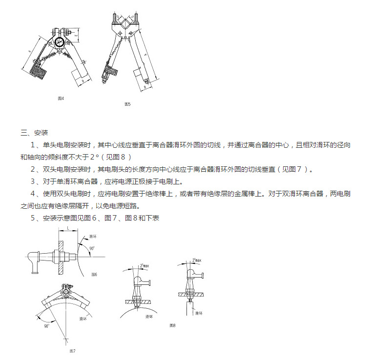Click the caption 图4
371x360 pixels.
[61, 99]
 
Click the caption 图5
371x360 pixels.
[127, 104]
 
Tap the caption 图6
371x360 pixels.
[94, 275]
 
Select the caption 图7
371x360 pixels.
[72, 351]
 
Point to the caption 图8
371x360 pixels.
[172, 325]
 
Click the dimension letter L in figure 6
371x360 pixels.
[68, 228]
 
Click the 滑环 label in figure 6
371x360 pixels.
[94, 236]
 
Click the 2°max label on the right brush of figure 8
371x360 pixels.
[197, 260]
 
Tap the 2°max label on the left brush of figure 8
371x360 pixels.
[144, 265]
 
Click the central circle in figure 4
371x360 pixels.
[60, 42]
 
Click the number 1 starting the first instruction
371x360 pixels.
[33, 145]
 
